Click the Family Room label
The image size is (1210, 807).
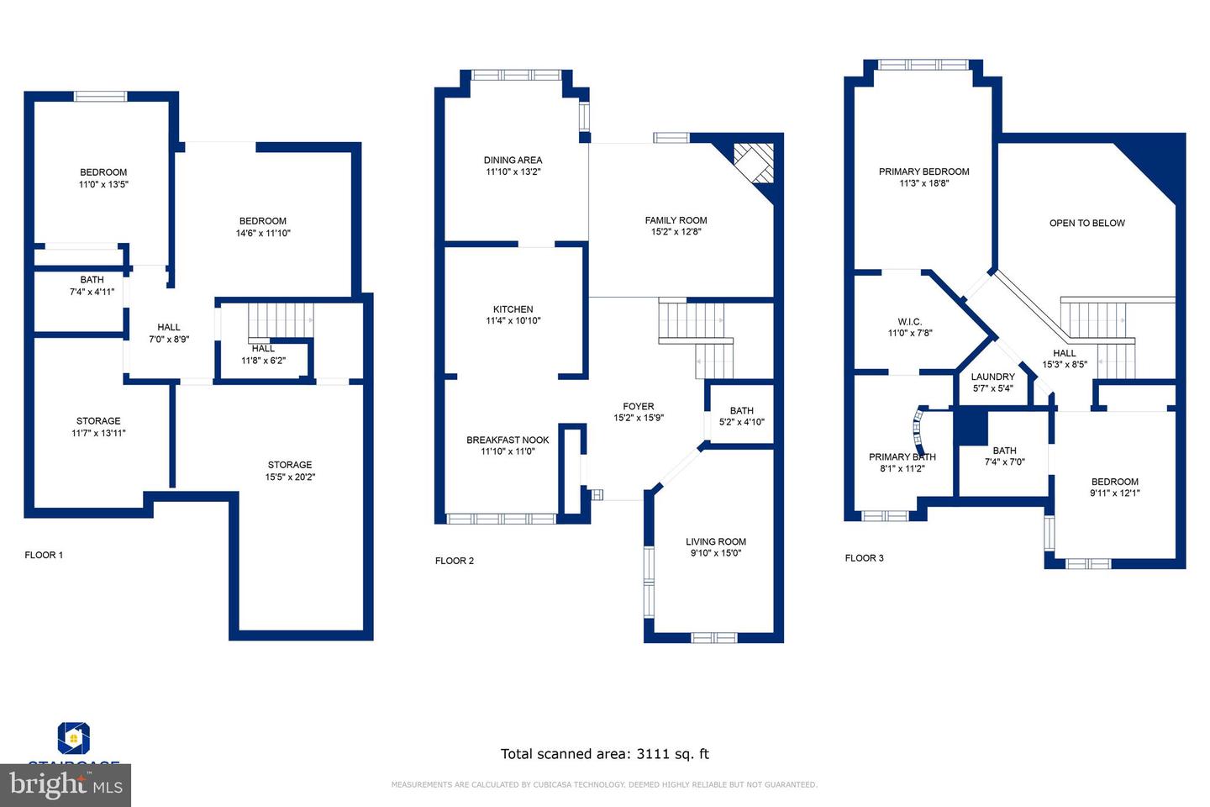676,221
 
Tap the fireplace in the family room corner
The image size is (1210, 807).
753,162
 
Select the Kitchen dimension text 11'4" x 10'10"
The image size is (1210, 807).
513,321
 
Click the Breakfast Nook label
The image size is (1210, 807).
508,440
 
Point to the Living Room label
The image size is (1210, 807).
716,542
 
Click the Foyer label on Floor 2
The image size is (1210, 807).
639,407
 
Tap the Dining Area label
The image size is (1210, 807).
513,161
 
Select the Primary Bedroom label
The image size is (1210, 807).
923,171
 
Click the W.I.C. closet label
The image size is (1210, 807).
909,322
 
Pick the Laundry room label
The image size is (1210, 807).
992,377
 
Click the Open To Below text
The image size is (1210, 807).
1086,224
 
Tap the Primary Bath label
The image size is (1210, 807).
902,457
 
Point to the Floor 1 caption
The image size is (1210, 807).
44,555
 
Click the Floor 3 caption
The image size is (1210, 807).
864,558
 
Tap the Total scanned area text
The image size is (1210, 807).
604,754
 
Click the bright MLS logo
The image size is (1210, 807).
66,786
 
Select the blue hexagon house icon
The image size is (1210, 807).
74,738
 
